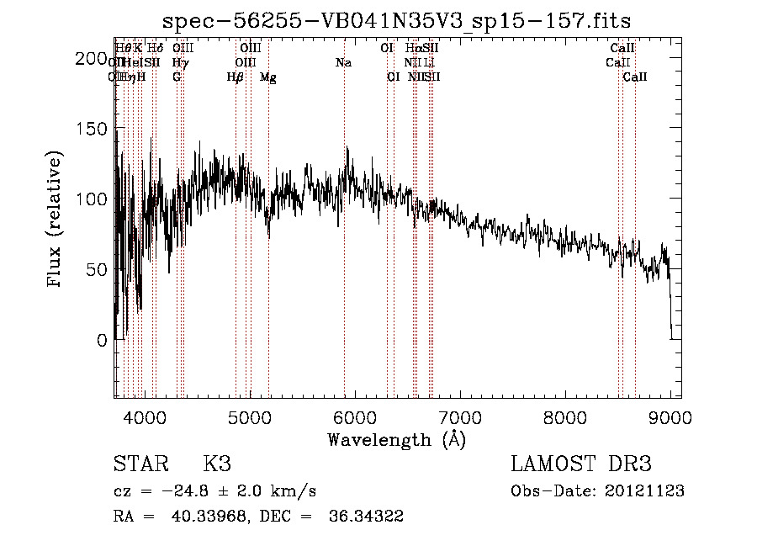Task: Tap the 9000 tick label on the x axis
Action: pos(670,416)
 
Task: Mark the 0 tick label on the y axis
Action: pos(101,340)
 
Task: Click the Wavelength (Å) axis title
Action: pos(396,438)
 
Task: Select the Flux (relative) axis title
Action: pos(56,221)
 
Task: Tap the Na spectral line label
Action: pos(343,62)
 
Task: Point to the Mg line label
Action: pos(267,77)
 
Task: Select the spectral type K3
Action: pos(217,465)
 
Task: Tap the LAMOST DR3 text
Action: pos(580,465)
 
